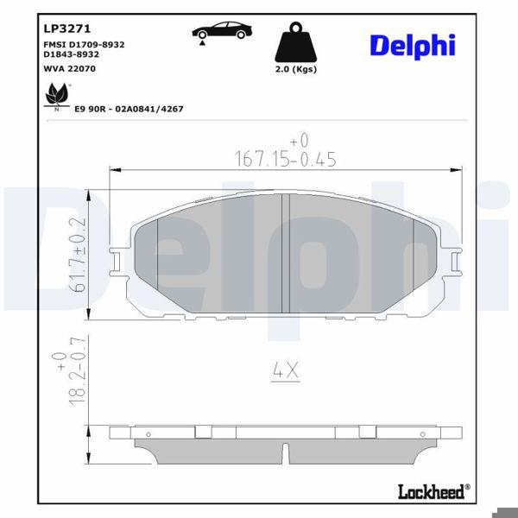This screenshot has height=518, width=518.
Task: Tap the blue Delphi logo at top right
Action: point(413,46)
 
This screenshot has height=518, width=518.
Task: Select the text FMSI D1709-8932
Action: point(85,44)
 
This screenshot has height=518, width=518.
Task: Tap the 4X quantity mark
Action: point(284,371)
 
